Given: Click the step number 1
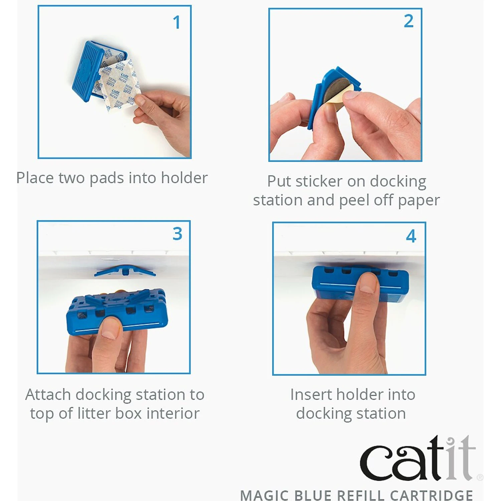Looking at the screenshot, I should (177, 23).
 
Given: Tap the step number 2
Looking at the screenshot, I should (408, 21).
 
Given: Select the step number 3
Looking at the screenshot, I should (177, 234).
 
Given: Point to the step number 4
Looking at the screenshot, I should (411, 236).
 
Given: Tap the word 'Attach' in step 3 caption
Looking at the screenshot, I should (48, 394).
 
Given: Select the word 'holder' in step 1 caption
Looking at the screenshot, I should (184, 178).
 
